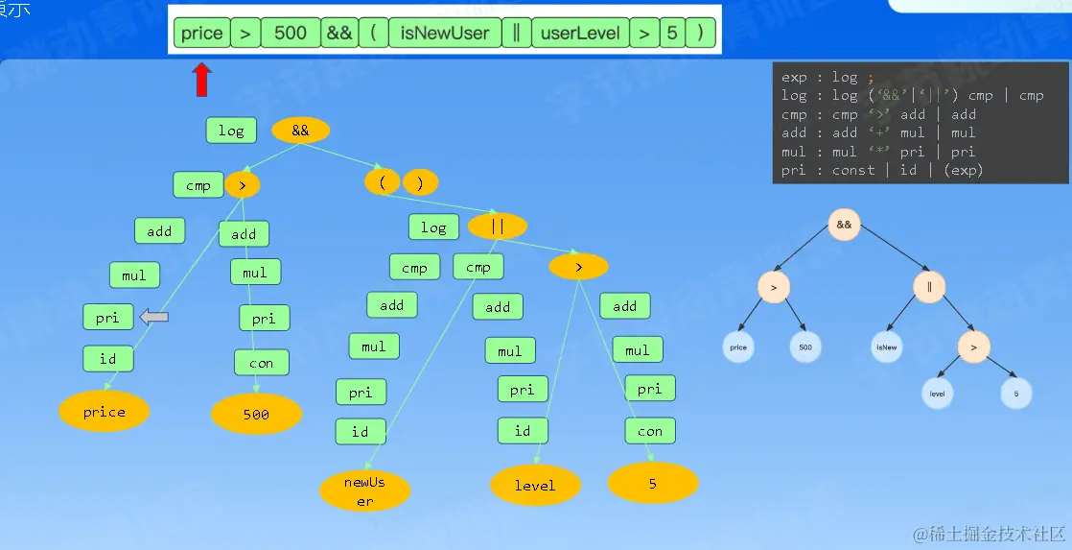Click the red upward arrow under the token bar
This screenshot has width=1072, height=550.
tap(201, 81)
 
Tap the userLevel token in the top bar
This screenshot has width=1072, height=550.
tap(580, 34)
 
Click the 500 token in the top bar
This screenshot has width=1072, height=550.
tap(290, 34)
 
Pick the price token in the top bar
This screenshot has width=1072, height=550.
tap(201, 34)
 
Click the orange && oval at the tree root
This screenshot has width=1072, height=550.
tap(300, 131)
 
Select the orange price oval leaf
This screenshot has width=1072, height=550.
tap(105, 412)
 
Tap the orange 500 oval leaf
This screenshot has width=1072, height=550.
tap(256, 415)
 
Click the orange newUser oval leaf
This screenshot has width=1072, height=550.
tap(364, 490)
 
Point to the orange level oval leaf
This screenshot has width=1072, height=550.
tap(535, 486)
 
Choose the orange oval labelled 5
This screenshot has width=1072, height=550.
tap(653, 484)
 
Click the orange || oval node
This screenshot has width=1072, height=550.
tap(497, 227)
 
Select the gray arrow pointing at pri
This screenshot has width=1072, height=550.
tap(154, 317)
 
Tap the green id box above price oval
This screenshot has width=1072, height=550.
tap(107, 360)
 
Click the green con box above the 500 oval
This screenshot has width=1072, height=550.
tap(261, 363)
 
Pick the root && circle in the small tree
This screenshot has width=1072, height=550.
tap(844, 225)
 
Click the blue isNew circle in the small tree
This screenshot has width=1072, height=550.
tap(886, 347)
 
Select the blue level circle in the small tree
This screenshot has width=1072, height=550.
tap(937, 393)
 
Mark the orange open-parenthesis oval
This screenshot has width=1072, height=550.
tap(382, 182)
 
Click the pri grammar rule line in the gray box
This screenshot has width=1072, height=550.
tap(882, 170)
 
